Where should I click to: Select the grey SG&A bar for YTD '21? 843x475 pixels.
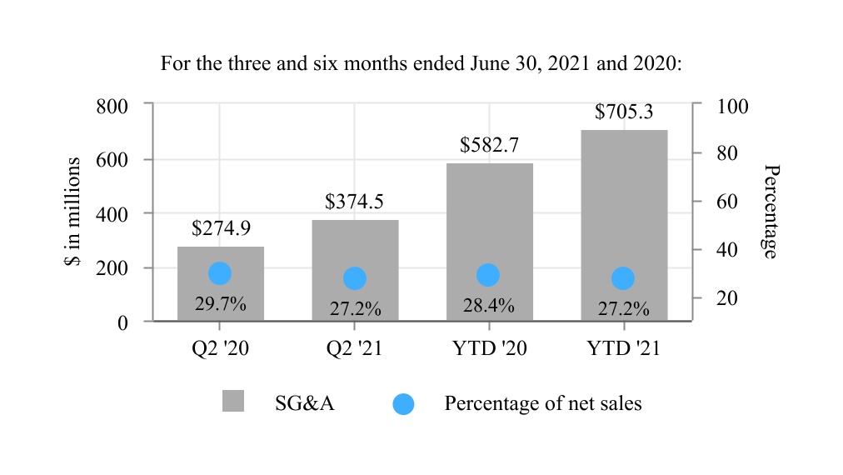click(x=624, y=208)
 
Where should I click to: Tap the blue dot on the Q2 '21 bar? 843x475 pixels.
click(x=355, y=278)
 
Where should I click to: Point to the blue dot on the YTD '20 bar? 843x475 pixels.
click(x=488, y=274)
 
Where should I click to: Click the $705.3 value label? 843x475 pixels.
click(x=624, y=112)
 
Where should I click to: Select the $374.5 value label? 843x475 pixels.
click(x=354, y=202)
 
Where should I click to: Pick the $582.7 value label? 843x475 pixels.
click(x=489, y=145)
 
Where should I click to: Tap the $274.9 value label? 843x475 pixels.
click(x=221, y=228)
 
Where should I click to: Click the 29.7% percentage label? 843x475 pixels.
click(x=221, y=304)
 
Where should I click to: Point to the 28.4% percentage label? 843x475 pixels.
click(x=489, y=306)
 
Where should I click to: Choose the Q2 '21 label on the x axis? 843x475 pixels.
click(x=355, y=347)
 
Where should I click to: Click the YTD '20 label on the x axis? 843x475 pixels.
click(x=490, y=347)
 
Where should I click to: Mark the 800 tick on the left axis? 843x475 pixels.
click(x=112, y=106)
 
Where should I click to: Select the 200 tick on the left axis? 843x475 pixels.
click(x=112, y=268)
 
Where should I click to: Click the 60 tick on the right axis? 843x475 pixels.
click(x=727, y=202)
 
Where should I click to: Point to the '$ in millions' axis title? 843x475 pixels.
click(x=72, y=212)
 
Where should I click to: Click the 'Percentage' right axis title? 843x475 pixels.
click(x=771, y=212)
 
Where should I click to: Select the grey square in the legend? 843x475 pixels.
click(x=233, y=401)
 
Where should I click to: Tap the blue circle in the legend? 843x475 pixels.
click(x=403, y=403)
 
